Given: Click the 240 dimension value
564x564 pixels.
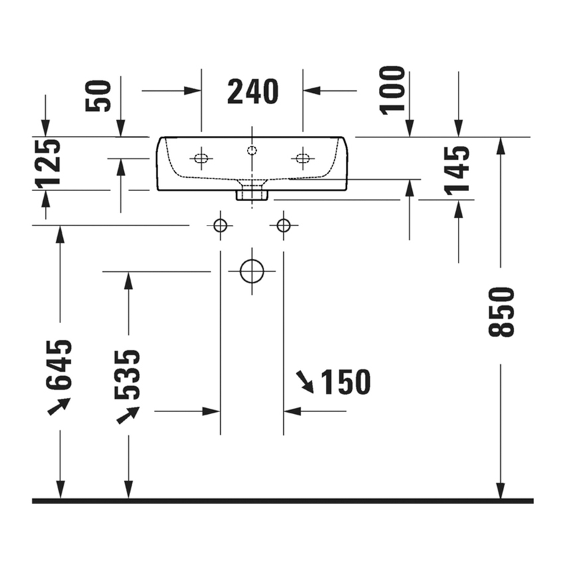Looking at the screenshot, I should click(252, 92).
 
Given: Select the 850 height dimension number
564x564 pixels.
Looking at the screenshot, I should click(502, 312).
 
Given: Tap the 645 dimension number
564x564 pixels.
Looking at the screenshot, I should click(60, 364).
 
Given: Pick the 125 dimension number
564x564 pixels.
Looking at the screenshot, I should click(48, 163).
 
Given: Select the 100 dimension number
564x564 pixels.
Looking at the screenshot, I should click(393, 90).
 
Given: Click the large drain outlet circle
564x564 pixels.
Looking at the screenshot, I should click(252, 271).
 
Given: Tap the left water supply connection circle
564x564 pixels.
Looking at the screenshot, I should click(220, 226).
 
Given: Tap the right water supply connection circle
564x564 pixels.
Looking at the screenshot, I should click(283, 226).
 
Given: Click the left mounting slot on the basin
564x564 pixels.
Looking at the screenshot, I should click(201, 158).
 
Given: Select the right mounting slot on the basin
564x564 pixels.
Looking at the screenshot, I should click(303, 158).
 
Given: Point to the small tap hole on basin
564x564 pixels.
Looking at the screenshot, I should click(251, 150).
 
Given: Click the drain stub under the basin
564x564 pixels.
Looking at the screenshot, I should click(252, 194).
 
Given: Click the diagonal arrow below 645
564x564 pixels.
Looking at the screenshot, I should click(59, 406).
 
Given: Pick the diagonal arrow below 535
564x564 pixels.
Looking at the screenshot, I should click(127, 415).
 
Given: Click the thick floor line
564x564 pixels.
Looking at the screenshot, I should click(282, 501).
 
